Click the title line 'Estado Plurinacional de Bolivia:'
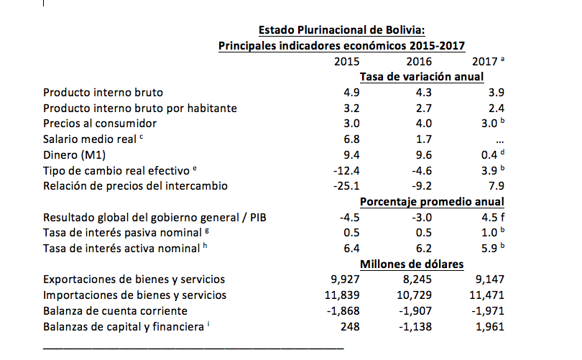[342, 30]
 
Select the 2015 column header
[348, 62]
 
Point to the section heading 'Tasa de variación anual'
[420, 77]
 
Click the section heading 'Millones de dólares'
[412, 264]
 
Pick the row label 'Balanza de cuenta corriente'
[115, 310]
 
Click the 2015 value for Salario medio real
[352, 139]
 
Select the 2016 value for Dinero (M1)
[424, 154]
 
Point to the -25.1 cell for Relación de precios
[348, 186]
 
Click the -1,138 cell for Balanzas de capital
[415, 326]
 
